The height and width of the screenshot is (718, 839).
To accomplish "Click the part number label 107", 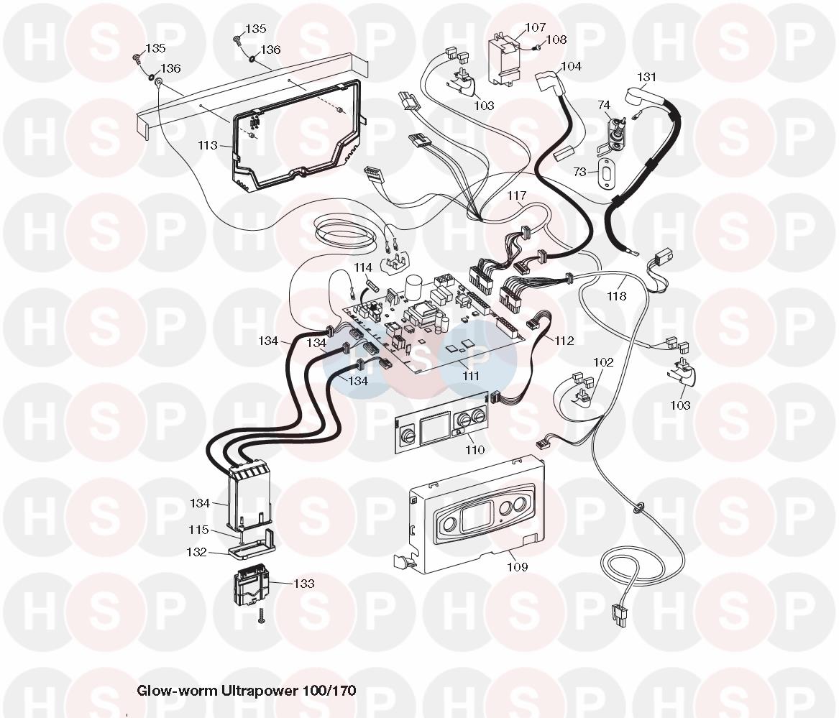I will click(x=535, y=28).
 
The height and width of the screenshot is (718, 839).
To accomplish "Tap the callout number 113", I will click(x=208, y=145).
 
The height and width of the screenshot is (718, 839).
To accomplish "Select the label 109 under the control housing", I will click(x=516, y=567).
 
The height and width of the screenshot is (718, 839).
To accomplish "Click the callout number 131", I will click(x=647, y=77).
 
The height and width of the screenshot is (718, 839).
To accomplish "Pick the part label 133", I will click(x=304, y=584).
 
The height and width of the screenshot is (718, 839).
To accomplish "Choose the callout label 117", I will click(x=516, y=195).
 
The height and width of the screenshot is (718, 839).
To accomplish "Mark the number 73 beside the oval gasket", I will click(x=579, y=172).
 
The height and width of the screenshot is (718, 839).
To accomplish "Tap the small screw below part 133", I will click(x=261, y=615).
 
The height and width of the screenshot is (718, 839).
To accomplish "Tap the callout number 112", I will click(x=564, y=341).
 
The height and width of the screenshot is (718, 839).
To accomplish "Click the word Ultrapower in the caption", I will click(x=254, y=691).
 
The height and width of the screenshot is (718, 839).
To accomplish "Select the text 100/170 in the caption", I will click(x=331, y=691).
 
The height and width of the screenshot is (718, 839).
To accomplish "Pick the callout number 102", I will click(x=603, y=362).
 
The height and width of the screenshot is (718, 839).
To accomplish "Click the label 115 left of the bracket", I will click(x=198, y=530).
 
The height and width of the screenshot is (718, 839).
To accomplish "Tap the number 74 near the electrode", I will click(x=604, y=106).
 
